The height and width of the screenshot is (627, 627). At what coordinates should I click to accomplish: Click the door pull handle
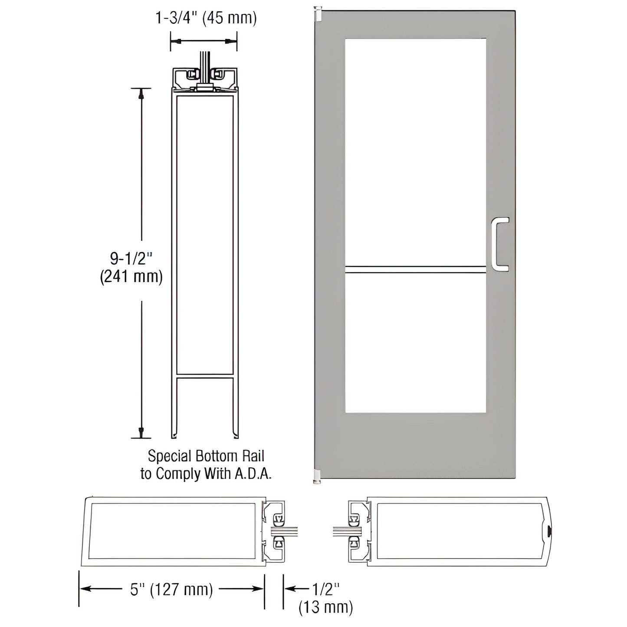[500, 244]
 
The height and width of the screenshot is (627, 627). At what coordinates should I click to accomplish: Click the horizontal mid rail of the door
[415, 269]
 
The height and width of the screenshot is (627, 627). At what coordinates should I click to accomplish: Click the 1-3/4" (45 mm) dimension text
[206, 18]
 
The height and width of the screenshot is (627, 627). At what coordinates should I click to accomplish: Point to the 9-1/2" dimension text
[131, 259]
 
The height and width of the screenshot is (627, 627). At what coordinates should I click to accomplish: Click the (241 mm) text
[131, 277]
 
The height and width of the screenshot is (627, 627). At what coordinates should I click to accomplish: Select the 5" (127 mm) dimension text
[172, 589]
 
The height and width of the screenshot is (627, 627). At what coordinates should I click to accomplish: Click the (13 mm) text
[326, 607]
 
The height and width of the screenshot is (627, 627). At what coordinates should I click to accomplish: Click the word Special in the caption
[169, 456]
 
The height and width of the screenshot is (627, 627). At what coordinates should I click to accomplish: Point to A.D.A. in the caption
[253, 474]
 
